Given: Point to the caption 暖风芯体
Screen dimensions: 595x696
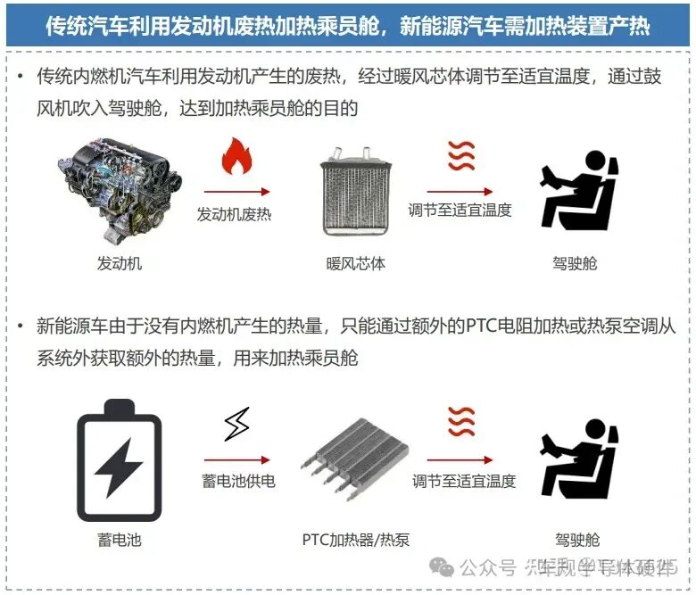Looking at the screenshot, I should (x=355, y=264).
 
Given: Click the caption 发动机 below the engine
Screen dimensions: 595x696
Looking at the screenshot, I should (x=119, y=264).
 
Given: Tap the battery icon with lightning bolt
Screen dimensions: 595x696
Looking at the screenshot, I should (x=119, y=459).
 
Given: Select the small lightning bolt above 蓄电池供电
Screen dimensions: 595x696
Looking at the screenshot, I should (x=236, y=425).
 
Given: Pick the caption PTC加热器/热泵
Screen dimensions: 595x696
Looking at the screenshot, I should (x=356, y=540).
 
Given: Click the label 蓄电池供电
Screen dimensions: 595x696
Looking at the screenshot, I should (x=238, y=481).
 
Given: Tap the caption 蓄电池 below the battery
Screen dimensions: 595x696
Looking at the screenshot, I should (x=119, y=540).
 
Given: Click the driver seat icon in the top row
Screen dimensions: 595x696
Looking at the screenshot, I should (x=578, y=190).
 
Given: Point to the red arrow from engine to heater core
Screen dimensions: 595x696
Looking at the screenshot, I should (x=236, y=191).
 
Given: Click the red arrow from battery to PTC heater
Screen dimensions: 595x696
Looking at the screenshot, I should (x=236, y=460).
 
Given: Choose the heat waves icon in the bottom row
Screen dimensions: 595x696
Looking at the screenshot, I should (x=461, y=421).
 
